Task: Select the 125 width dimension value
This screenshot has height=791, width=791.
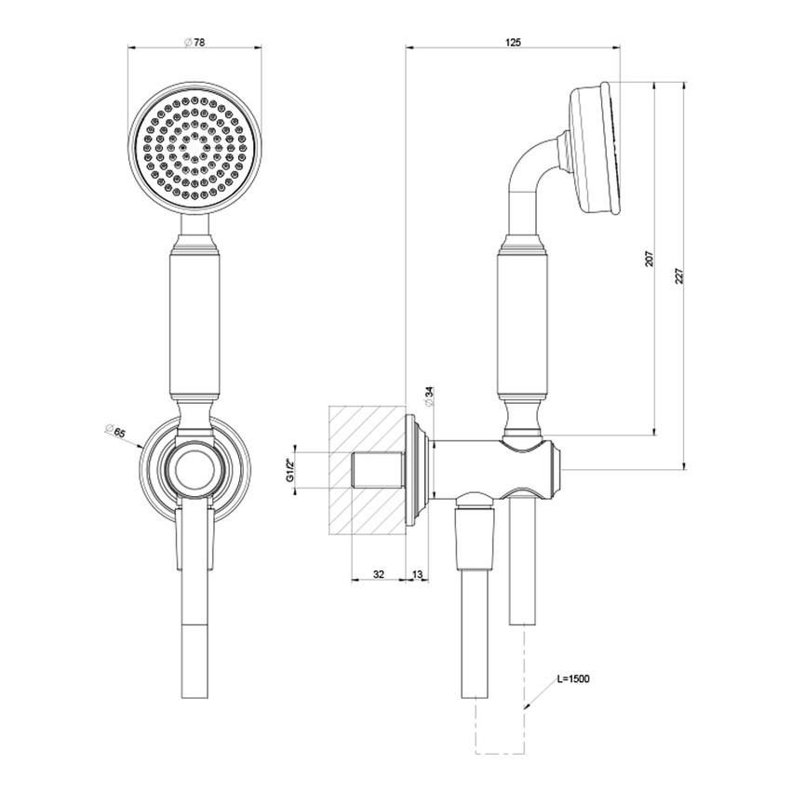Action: [513, 43]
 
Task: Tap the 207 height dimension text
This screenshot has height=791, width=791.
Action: [649, 259]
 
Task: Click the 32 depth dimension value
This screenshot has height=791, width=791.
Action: [378, 575]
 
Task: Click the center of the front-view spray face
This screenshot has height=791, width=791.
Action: [194, 144]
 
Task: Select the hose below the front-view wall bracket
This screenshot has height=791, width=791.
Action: [194, 633]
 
